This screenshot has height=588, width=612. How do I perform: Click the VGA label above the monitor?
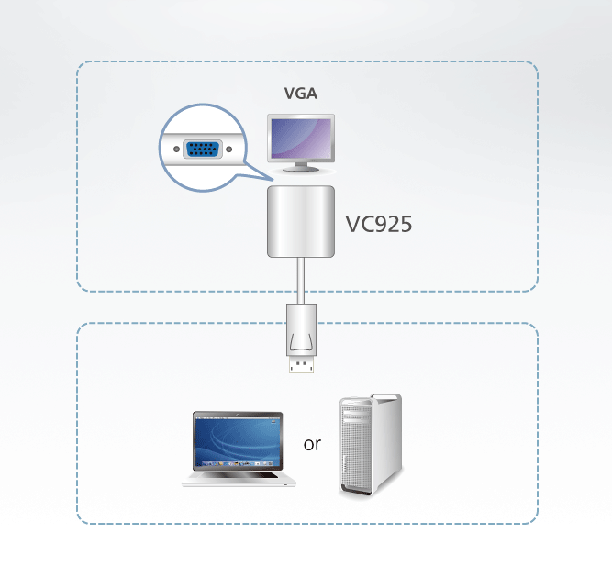click(x=301, y=94)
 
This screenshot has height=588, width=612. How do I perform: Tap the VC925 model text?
click(x=379, y=224)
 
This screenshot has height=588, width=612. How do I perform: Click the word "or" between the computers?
click(x=312, y=444)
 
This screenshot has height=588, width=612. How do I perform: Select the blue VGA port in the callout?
click(x=202, y=149)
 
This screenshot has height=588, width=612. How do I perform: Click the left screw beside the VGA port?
click(x=176, y=149)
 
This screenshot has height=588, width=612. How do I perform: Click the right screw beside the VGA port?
click(x=229, y=149)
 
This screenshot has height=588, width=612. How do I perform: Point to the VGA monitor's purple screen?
click(x=301, y=139)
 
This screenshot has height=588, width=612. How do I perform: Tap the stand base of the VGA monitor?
click(x=301, y=169)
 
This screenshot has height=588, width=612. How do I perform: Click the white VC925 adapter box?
click(x=301, y=221)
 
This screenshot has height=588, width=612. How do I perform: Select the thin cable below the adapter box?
click(x=301, y=281)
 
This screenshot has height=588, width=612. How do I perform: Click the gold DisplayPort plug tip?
click(x=301, y=365)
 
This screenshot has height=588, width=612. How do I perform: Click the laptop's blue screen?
click(x=238, y=441)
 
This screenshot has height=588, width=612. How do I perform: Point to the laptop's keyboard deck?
click(x=239, y=479)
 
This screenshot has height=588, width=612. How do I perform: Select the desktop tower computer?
click(x=370, y=445)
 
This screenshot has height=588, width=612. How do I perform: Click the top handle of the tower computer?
click(x=386, y=397)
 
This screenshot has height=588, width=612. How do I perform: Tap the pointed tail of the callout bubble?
click(x=273, y=181)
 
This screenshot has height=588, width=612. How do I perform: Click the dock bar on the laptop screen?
click(x=238, y=463)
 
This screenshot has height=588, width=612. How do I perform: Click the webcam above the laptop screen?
click(x=238, y=414)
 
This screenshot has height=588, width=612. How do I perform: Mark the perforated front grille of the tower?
click(x=356, y=449)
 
